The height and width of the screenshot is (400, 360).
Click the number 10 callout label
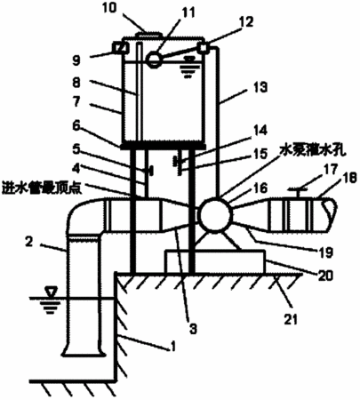pos(110,8)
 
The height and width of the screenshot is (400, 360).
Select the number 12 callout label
pos(245,21)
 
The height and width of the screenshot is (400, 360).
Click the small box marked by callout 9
pos(121,47)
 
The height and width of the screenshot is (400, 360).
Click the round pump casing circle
pos(215,215)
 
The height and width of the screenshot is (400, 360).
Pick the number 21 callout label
pos(291,319)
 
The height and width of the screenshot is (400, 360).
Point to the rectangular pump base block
pos(215,261)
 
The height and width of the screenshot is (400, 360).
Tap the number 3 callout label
pos(193,328)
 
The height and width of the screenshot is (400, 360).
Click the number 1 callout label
pos(173,346)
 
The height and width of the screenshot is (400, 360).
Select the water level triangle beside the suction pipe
pos(51,292)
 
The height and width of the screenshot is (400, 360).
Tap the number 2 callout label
pos(29,242)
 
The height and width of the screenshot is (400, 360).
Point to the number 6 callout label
pos(76,126)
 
